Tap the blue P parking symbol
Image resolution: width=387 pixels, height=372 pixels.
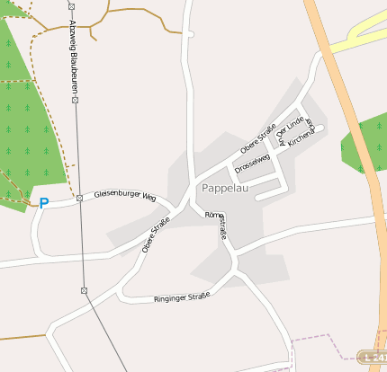42,203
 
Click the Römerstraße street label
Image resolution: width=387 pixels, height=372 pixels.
219,226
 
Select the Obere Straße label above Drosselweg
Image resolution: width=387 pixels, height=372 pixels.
257,137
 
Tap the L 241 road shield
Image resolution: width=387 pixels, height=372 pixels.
373,358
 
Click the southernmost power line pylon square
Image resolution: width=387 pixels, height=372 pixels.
84,290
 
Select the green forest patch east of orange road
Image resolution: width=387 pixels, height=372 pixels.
365,144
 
